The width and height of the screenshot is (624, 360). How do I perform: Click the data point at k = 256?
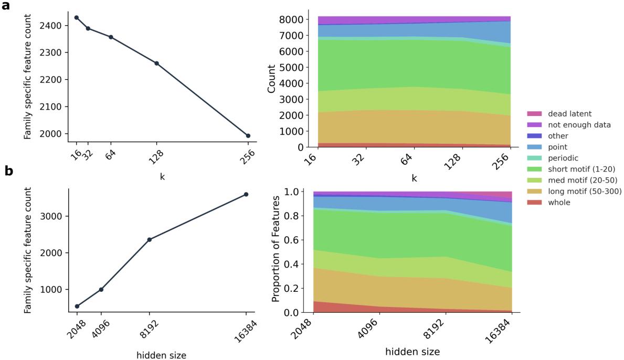click(248, 136)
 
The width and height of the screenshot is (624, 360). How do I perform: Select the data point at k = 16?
click(77, 17)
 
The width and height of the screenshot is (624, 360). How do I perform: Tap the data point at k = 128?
click(156, 63)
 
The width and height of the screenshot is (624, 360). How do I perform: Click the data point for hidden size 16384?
click(246, 194)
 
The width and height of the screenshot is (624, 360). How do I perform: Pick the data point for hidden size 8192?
click(150, 240)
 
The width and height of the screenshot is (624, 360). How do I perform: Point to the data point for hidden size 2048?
click(77, 306)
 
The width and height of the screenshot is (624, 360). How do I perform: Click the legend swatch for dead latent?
click(534, 113)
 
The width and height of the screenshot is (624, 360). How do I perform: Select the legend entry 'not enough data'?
click(575, 124)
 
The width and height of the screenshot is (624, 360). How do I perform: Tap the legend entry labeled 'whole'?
click(559, 203)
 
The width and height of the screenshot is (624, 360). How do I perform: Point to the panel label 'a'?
click(8, 7)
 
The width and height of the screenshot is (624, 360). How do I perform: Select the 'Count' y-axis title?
click(272, 78)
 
